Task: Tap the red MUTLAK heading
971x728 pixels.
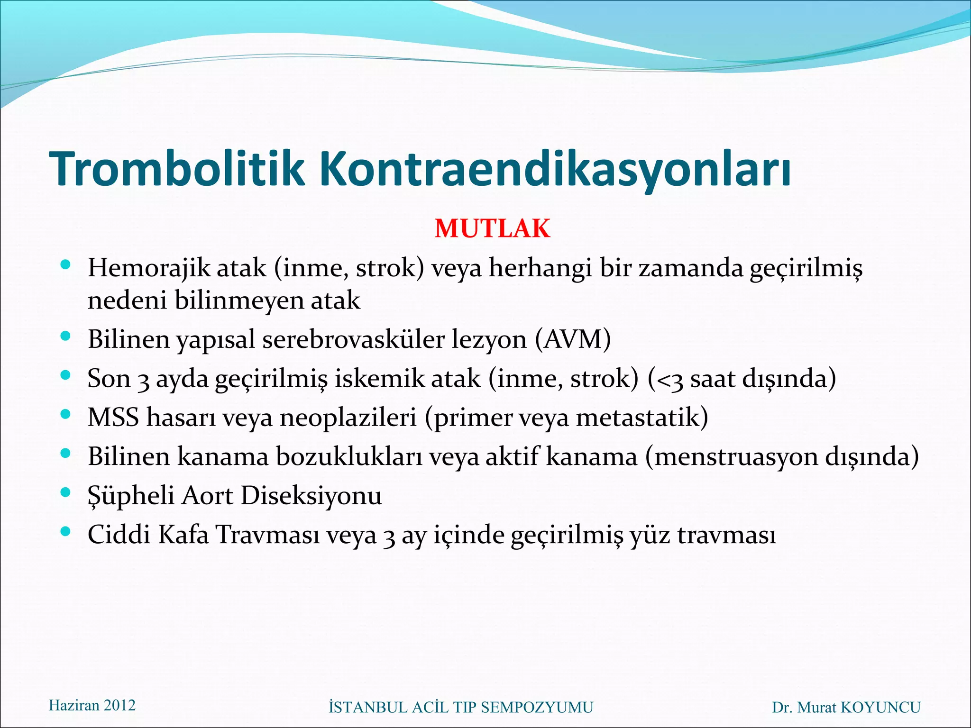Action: click(492, 228)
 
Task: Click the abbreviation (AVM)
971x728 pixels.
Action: click(573, 339)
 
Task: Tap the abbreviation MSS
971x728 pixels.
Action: click(113, 418)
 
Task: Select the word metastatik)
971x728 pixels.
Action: click(642, 418)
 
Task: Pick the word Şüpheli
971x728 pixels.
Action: click(131, 496)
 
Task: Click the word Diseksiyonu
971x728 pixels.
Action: click(311, 496)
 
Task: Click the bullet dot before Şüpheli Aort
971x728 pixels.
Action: click(66, 493)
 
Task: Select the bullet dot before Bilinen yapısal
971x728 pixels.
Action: click(66, 337)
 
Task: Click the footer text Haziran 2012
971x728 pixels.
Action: click(92, 705)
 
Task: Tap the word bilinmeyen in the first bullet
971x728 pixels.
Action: click(239, 300)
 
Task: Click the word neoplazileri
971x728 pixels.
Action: click(348, 418)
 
